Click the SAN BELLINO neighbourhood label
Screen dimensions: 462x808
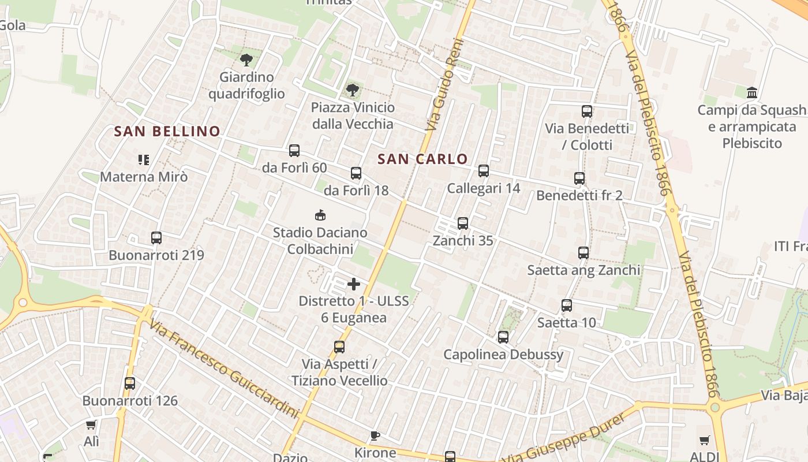[167, 132]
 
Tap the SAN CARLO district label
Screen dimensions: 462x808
[422, 159]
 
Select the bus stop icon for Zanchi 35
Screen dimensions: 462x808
[463, 223]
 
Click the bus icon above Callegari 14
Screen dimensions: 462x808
[484, 171]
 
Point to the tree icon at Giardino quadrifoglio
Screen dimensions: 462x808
[246, 59]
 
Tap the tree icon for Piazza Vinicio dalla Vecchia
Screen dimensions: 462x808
[353, 90]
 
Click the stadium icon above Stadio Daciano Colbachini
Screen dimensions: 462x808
[320, 215]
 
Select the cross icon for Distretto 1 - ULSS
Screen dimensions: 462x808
[354, 284]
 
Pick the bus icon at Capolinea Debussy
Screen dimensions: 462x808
[503, 337]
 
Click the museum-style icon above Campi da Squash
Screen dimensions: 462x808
[752, 92]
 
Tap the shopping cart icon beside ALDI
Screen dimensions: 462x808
[705, 441]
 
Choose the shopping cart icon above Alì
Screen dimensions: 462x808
[91, 425]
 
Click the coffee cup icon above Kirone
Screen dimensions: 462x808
[375, 435]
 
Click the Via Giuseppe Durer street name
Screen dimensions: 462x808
[564, 437]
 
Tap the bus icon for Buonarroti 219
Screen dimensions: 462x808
[156, 238]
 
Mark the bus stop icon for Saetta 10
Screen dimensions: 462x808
[567, 305]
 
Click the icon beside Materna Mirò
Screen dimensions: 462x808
[144, 159]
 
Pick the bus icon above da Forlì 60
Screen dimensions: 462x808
[294, 151]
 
